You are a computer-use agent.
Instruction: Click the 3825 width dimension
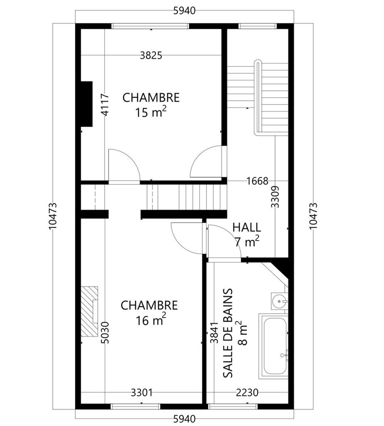[x=151, y=55]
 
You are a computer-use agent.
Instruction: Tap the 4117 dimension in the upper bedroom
[x=105, y=105]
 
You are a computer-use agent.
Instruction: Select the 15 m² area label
[x=151, y=112]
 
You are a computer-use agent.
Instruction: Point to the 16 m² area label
[x=151, y=320]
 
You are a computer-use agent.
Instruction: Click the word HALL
[x=247, y=228]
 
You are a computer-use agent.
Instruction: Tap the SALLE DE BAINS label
[x=228, y=333]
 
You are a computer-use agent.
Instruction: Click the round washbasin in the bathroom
[x=280, y=301]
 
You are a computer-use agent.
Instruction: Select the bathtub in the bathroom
[x=273, y=346]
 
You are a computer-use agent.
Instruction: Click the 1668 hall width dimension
[x=257, y=181]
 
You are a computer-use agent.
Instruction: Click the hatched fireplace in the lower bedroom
[x=89, y=311]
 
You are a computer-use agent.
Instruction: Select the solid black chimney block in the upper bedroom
[x=87, y=104]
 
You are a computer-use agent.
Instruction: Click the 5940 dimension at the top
[x=184, y=11]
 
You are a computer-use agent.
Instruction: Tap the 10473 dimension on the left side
[x=53, y=216]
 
